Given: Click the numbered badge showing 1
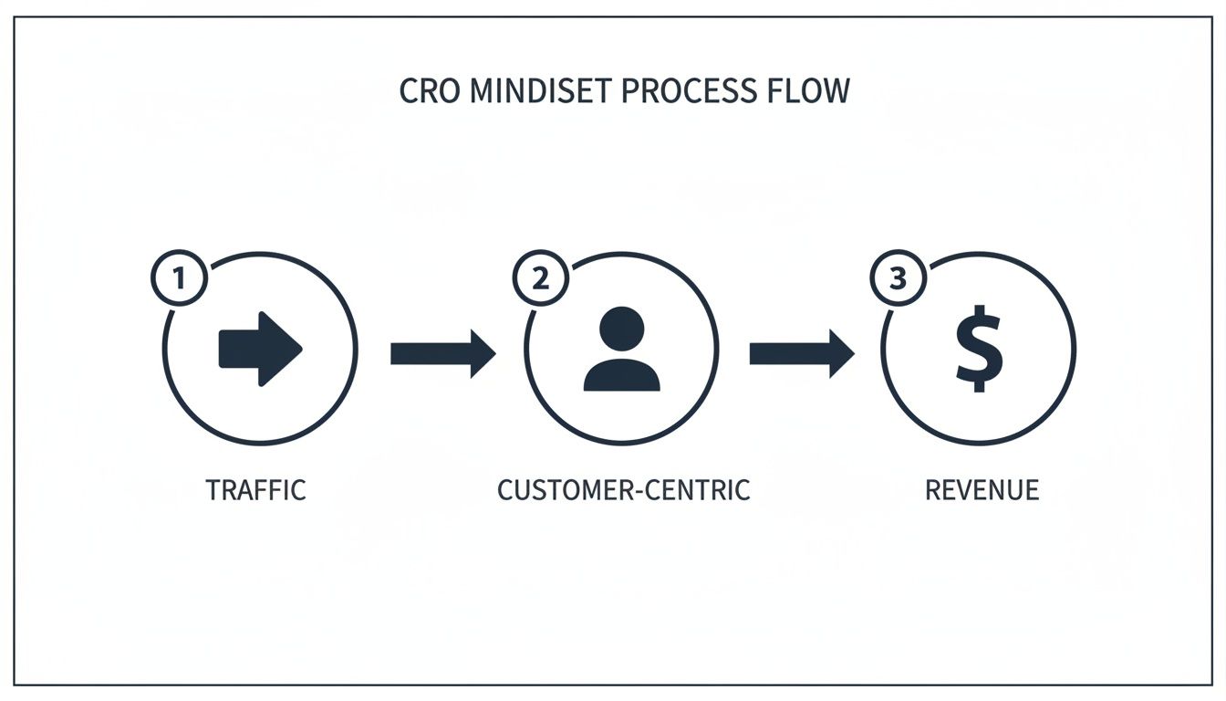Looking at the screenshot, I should (x=180, y=278).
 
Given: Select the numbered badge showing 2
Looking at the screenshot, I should (x=540, y=278).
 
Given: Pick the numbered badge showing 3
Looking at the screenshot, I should (x=899, y=278).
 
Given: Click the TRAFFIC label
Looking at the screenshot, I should (x=255, y=490).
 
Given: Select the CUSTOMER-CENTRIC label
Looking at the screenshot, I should (x=623, y=490).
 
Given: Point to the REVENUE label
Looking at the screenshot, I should (x=982, y=490).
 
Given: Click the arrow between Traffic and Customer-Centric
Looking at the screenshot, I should (x=442, y=353).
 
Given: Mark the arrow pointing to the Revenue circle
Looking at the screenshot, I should (x=801, y=353).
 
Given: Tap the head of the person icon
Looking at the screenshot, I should (x=622, y=329).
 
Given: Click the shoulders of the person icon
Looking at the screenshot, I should (x=622, y=376).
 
